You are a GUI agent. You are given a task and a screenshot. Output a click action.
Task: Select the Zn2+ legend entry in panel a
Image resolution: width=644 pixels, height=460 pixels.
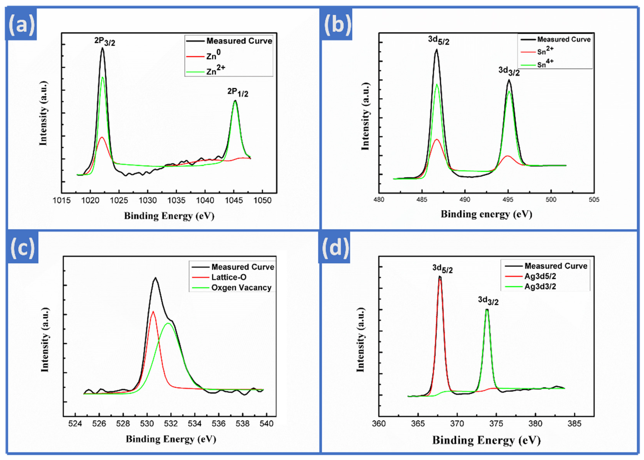click(x=215, y=70)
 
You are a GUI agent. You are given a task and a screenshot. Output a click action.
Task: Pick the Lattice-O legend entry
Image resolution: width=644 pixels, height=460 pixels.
click(x=229, y=277)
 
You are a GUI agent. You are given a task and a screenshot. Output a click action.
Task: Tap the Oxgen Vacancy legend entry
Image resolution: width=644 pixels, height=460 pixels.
click(x=241, y=288)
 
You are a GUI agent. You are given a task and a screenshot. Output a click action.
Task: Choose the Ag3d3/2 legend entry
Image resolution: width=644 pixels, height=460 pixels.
click(x=540, y=286)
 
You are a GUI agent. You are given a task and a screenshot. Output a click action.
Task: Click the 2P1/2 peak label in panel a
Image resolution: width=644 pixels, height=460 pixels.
click(x=238, y=92)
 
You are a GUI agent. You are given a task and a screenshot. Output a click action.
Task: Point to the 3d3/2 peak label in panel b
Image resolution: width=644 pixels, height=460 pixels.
click(x=509, y=71)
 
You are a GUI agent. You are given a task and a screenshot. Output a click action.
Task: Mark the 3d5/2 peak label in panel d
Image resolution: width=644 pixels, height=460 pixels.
click(x=442, y=269)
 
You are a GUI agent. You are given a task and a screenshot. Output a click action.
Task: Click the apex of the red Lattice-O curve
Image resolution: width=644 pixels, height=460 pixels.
click(x=153, y=312)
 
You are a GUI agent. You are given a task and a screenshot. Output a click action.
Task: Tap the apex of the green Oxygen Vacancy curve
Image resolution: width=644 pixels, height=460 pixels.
click(x=168, y=323)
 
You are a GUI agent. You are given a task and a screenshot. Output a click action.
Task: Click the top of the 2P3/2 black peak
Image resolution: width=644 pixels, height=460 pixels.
click(x=102, y=48)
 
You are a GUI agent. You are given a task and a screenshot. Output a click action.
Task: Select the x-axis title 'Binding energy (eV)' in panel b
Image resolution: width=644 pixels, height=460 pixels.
click(x=486, y=214)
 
